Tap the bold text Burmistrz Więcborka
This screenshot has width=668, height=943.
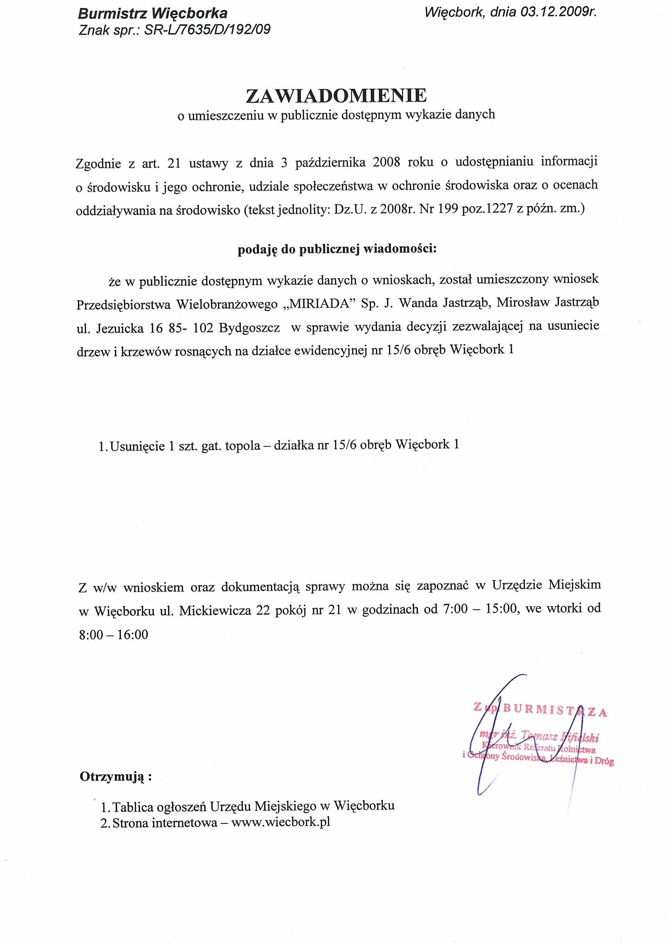[x=153, y=14]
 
